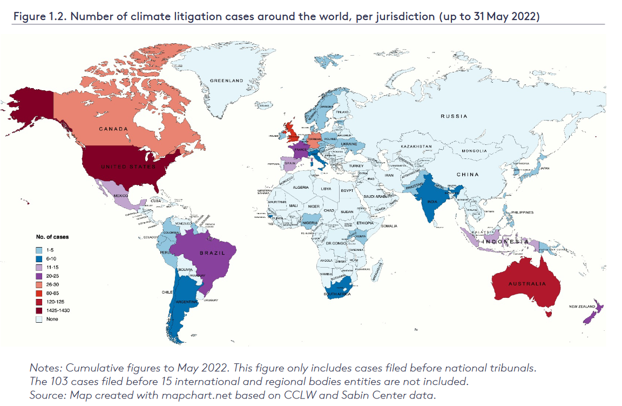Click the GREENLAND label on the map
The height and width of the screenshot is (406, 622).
pos(226,81)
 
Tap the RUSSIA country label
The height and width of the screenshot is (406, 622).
pos(454,116)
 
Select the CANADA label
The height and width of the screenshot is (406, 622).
pos(113,129)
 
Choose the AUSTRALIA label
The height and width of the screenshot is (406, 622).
pos(526,283)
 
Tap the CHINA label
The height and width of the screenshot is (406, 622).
pos(468,175)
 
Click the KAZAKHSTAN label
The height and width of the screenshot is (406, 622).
pos(416,147)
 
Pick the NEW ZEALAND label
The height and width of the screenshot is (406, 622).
pos(582,307)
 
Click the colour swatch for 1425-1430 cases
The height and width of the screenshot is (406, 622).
pos(39,310)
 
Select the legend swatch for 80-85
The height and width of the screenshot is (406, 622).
pos(39,292)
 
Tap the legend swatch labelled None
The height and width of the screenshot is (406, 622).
pos(39,319)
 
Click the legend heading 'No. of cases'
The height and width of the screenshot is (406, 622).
pos(52,237)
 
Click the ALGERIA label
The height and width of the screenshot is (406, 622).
pos(300,188)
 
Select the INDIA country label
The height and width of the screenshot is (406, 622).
pos(432,201)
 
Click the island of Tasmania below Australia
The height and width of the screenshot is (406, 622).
pos(549,312)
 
